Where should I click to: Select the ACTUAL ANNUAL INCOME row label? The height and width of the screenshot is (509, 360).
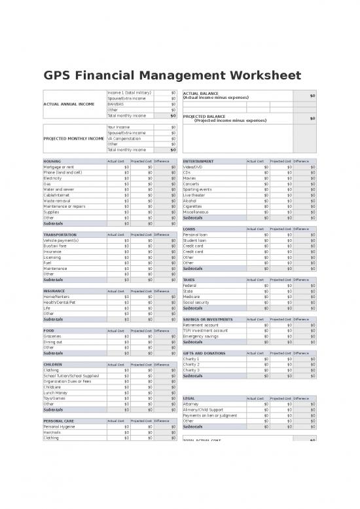(69, 104)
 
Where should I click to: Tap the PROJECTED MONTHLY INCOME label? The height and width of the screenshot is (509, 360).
(73, 138)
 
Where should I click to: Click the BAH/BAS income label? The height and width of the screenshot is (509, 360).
(115, 104)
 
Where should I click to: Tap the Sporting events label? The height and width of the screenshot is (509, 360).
(198, 189)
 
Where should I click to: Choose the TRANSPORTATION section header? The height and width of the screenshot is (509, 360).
(60, 235)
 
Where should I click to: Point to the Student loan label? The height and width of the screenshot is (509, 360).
(195, 240)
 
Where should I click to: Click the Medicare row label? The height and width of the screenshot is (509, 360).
(192, 297)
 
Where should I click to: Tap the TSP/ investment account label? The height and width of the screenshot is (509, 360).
(206, 331)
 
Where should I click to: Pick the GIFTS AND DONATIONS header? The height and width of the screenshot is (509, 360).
(204, 353)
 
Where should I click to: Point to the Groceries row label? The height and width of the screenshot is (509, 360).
(52, 337)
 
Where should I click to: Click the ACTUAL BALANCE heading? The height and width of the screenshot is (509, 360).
(201, 93)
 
